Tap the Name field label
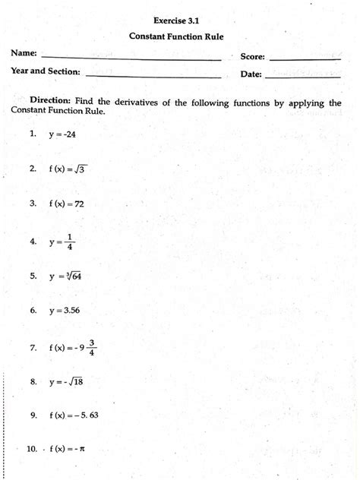pos(24,54)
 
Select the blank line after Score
pos(305,58)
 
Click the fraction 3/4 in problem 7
pos(91,346)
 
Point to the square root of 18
pos(76,382)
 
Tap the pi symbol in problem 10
pos(81,450)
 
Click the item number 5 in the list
pos(33,276)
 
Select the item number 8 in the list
pos(33,382)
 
